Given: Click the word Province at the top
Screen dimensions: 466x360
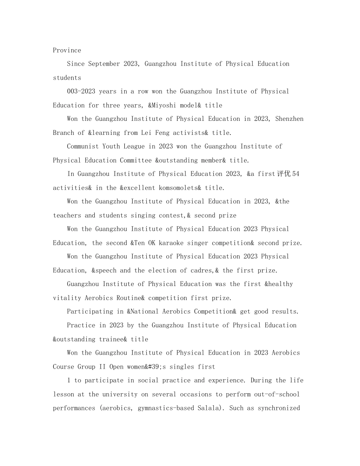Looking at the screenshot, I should (67, 50).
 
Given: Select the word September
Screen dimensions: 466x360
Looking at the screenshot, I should (104, 64).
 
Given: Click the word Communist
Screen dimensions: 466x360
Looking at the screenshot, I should (83, 146).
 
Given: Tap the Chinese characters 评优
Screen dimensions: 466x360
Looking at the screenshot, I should (284, 174).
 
